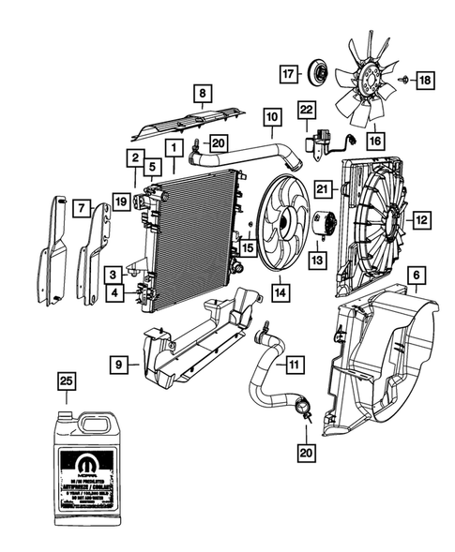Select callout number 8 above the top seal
coord(200,93)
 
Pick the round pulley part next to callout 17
coord(320,72)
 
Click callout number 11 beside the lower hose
coord(295,364)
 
